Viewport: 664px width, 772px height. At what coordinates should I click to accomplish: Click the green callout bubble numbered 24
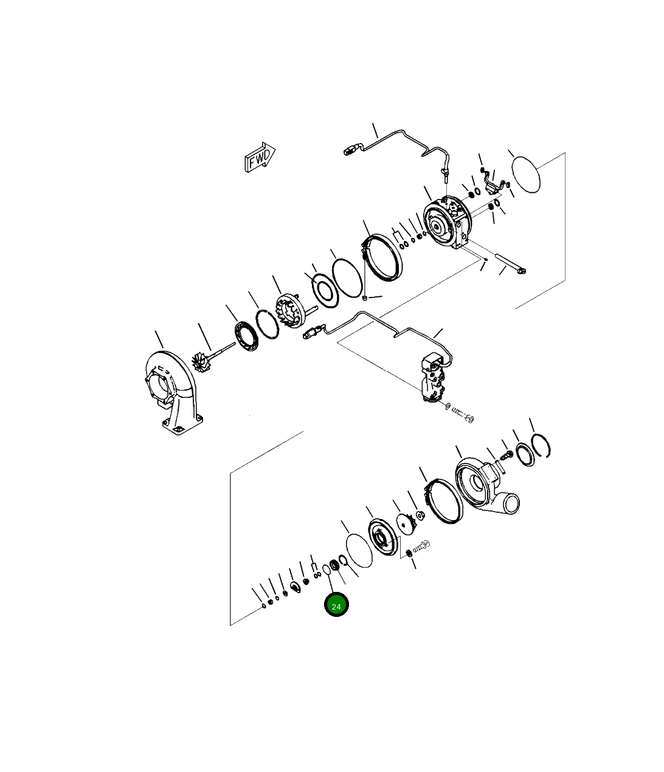[x=336, y=605]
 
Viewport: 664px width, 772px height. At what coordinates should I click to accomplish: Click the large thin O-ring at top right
[x=526, y=174]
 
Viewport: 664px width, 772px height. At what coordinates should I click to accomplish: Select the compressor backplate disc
[x=382, y=537]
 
